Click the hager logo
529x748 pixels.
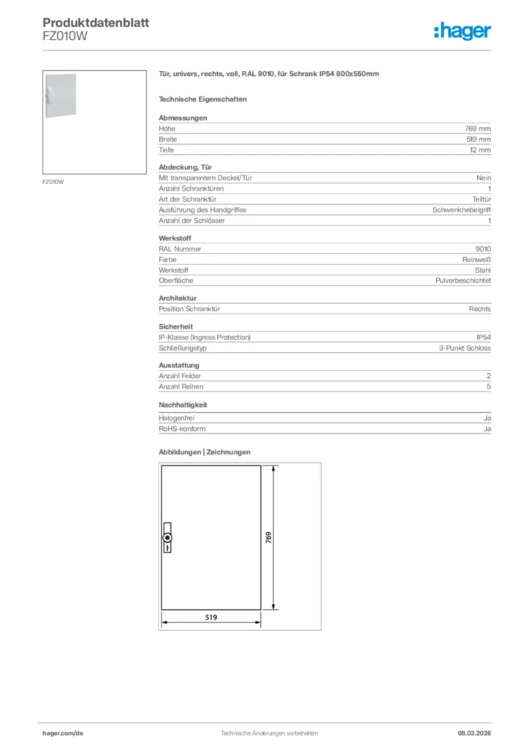[x=463, y=31]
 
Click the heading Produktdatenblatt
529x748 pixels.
[x=96, y=23]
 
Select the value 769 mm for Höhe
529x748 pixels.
[x=478, y=129]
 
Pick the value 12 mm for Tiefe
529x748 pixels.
[x=480, y=150]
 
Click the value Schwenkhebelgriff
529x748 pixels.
[x=462, y=210]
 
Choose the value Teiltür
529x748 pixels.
[x=482, y=199]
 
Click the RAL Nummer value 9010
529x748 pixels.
[x=483, y=248]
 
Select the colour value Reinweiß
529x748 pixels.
[x=476, y=259]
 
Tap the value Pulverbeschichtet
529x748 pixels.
[x=463, y=280]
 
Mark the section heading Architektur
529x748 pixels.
[x=178, y=298]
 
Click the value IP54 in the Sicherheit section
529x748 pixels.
[x=483, y=337]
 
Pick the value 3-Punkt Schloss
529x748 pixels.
[x=465, y=348]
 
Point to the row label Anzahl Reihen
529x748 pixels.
[x=181, y=386]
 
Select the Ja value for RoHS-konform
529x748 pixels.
[x=487, y=429]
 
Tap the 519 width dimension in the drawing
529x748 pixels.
[x=210, y=617]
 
